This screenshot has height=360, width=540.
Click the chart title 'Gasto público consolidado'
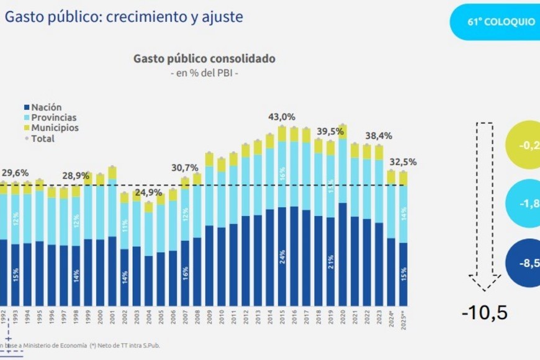204,59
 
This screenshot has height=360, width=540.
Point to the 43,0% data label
281,117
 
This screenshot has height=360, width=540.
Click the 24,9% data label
148,192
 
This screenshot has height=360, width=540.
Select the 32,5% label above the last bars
402,162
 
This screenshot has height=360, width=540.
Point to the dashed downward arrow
485,205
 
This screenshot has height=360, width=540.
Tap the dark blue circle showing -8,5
524,263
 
